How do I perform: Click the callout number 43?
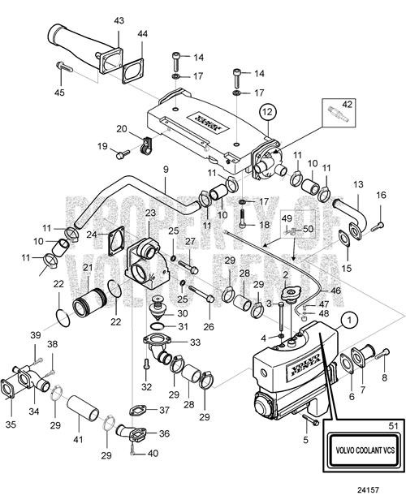pyautogui.click(x=119, y=20)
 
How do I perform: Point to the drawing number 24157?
pyautogui.click(x=382, y=490)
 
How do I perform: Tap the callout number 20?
pyautogui.click(x=120, y=129)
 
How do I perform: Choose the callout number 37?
pyautogui.click(x=164, y=409)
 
